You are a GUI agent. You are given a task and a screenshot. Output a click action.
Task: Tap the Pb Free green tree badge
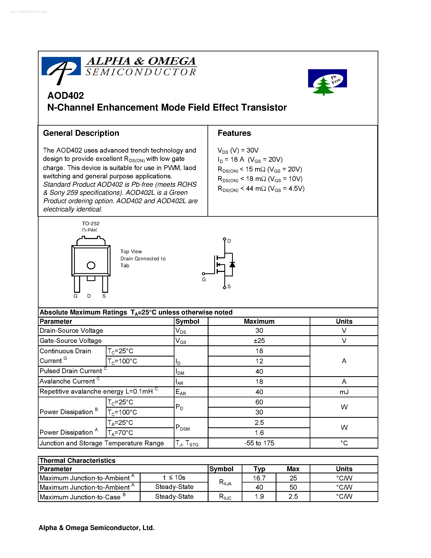327,81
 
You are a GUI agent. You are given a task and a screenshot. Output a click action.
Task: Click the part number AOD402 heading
66,96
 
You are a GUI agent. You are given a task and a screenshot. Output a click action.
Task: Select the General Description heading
81,133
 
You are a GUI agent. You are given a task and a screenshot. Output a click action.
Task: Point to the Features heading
234,133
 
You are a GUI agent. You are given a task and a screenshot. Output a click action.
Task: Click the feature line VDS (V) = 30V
238,150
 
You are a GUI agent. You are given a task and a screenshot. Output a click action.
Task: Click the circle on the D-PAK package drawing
91,265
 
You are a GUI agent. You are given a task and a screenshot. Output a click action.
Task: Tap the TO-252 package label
91,224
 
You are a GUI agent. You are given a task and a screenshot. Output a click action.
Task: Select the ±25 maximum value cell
259,340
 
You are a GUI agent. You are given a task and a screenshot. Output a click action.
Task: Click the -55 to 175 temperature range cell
259,443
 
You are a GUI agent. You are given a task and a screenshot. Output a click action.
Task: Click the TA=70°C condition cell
120,433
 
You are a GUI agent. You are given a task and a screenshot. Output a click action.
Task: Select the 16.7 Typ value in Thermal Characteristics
259,478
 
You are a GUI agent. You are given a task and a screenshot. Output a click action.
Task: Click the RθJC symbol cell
225,497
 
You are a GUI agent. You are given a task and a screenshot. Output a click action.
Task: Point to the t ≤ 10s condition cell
174,477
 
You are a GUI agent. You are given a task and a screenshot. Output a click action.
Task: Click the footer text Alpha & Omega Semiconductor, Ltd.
97,528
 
